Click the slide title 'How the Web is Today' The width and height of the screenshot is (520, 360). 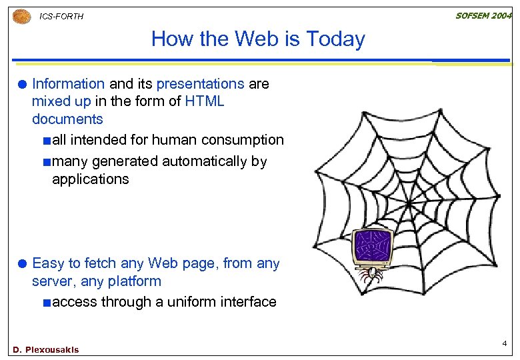click(x=258, y=39)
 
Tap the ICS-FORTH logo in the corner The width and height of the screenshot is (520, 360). click(x=21, y=17)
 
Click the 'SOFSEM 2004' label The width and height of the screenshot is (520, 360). click(x=483, y=15)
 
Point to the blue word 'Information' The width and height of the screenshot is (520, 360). click(x=68, y=84)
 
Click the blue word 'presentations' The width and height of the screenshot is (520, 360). click(x=200, y=84)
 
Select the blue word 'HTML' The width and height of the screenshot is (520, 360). click(x=205, y=102)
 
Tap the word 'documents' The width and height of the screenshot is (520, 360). click(x=67, y=120)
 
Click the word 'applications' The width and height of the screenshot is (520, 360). click(x=90, y=179)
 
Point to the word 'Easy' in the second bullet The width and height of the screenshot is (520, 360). click(x=47, y=263)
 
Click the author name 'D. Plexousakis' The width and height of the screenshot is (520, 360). click(x=45, y=349)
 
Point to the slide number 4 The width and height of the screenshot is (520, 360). click(x=505, y=343)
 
